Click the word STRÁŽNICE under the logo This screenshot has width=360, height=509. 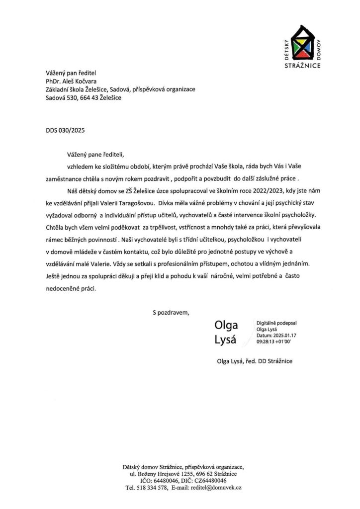(x=303, y=66)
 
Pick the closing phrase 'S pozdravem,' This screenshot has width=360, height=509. (x=171, y=313)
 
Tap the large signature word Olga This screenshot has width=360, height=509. (x=226, y=326)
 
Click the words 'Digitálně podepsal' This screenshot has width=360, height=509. (x=273, y=323)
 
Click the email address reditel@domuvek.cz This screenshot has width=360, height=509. (x=217, y=489)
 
